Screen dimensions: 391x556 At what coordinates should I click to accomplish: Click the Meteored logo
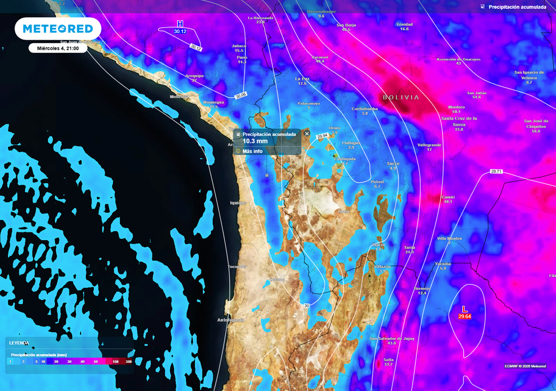point(58,29)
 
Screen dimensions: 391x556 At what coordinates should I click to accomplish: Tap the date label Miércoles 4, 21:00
point(58,48)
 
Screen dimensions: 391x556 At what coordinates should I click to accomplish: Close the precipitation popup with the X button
point(307,134)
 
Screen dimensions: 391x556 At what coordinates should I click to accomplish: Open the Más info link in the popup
point(252,151)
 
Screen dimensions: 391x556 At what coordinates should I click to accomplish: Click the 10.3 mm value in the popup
point(255,141)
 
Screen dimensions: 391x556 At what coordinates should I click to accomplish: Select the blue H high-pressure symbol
point(180,24)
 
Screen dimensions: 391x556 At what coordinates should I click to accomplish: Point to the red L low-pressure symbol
point(464,309)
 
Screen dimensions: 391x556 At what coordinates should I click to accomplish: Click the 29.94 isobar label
point(322,136)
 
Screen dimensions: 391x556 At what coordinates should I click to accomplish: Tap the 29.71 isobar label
point(496,172)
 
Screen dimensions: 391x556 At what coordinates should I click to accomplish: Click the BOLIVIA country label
point(401,97)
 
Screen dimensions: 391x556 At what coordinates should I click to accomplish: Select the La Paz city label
point(302,79)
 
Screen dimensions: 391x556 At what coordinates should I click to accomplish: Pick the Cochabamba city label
point(364,109)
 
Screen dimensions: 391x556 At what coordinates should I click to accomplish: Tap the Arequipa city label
point(194,75)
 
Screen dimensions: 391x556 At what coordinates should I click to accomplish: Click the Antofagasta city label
point(231,320)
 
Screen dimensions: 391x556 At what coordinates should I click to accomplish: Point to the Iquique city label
point(238,203)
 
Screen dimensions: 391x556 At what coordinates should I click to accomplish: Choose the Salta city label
point(388,360)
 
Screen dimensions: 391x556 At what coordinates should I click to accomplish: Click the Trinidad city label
point(404,24)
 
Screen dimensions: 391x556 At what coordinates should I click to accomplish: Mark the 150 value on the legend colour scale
point(115,361)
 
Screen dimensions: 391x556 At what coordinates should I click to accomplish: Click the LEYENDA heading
point(19,343)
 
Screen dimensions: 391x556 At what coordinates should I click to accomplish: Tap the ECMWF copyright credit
point(525,366)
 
